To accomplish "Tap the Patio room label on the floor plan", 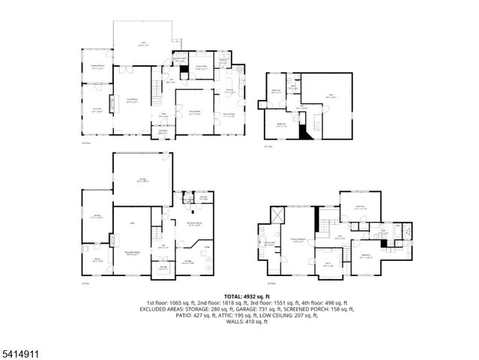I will coord(142,44).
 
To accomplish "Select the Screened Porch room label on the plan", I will coord(97,67).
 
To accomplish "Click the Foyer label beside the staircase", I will coord(163,115).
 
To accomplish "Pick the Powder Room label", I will coord(180,59).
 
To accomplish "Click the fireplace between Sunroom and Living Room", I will coord(113,103).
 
